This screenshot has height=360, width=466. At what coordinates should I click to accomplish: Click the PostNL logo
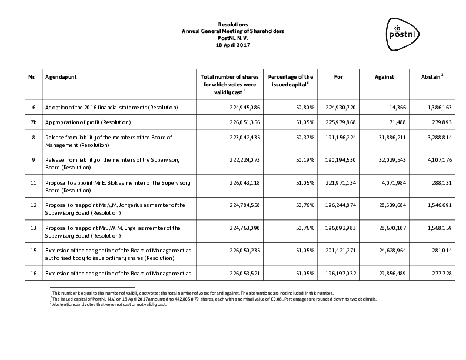pos(403,31)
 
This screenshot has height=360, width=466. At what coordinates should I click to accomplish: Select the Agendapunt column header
pos(61,77)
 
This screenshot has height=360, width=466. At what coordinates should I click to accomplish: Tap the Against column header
pos(384,77)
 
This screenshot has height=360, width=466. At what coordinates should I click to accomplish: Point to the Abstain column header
pos(432,77)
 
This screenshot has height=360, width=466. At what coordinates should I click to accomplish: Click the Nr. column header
pos(32,77)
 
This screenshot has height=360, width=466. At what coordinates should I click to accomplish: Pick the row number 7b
pos(32,122)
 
